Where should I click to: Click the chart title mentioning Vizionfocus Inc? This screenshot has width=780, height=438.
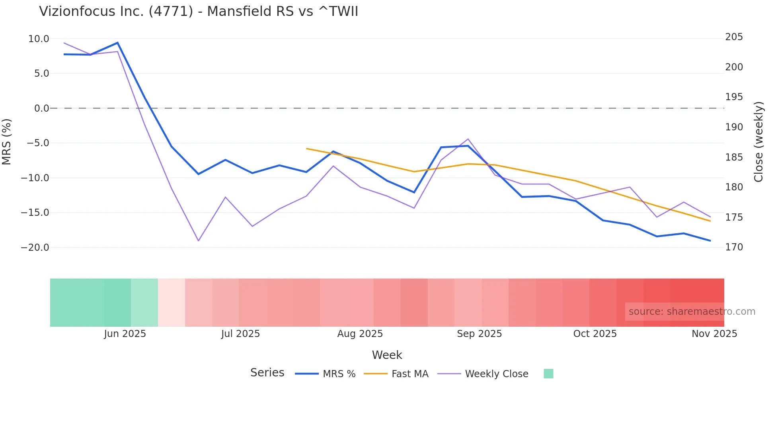click(199, 12)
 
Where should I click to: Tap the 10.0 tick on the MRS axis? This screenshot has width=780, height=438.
click(39, 39)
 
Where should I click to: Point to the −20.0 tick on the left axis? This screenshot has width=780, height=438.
click(35, 248)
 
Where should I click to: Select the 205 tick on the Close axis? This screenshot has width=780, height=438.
click(734, 37)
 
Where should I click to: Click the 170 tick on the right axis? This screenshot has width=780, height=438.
click(734, 247)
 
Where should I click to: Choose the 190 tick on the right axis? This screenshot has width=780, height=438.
click(734, 127)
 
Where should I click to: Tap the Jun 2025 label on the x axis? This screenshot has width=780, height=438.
click(125, 334)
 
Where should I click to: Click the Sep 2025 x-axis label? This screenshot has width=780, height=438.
click(479, 334)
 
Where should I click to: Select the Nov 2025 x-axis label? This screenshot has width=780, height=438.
click(714, 334)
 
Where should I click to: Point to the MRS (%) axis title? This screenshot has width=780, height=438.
click(7, 142)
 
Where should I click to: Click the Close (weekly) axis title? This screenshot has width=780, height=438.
click(759, 142)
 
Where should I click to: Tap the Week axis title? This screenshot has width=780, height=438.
click(387, 355)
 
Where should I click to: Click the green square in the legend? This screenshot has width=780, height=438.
click(548, 374)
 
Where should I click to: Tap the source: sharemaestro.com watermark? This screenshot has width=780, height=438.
click(692, 312)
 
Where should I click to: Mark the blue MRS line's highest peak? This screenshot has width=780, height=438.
click(117, 43)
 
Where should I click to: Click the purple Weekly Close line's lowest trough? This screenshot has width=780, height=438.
click(198, 240)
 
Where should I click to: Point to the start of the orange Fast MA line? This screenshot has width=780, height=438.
click(307, 149)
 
